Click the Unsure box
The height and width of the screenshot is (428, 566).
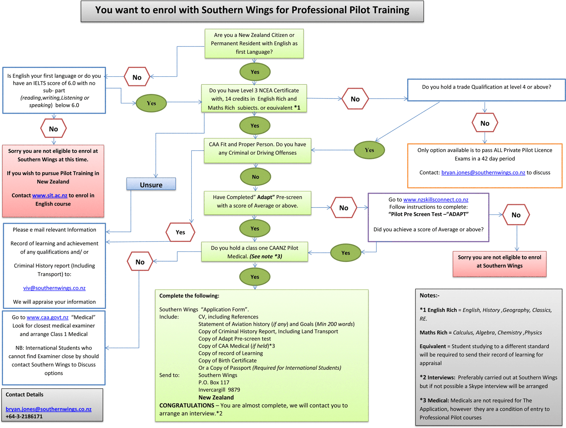tap(151, 184)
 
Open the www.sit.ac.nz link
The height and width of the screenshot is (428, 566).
tap(49, 196)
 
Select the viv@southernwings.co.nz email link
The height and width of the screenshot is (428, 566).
tap(54, 288)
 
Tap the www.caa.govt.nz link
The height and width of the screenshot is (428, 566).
tap(48, 317)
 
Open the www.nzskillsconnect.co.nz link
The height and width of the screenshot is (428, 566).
tap(435, 200)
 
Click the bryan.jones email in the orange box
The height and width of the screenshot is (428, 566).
tap(483, 172)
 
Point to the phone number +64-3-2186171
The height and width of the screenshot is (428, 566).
tap(24, 417)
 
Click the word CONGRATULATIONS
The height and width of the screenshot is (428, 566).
tap(187, 405)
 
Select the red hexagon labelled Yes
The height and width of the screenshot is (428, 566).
tap(180, 232)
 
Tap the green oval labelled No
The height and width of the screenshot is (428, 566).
tap(255, 177)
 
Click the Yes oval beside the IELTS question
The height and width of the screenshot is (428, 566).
tap(151, 103)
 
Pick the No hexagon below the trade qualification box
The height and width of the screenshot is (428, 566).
tap(485, 123)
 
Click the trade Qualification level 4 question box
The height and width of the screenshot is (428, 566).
tap(486, 90)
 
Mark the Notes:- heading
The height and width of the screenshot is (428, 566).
tap(429, 296)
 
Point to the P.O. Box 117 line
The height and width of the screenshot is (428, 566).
tap(214, 382)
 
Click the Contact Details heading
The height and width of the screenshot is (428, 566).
tap(25, 394)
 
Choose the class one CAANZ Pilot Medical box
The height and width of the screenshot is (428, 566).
tap(254, 252)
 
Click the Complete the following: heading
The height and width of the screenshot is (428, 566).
tap(189, 296)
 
